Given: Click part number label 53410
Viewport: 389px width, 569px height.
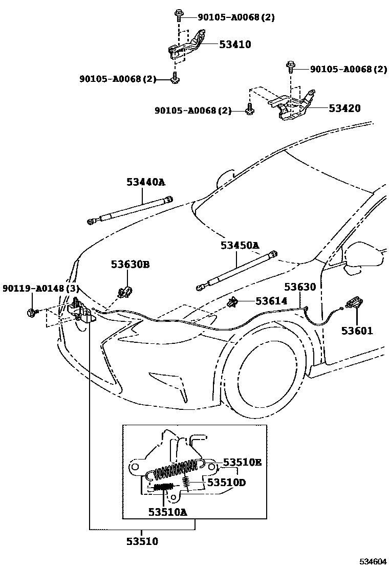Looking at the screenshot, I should coord(235,45).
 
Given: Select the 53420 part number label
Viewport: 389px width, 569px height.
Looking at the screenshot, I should coord(344,108).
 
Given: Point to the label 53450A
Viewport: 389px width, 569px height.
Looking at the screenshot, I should coord(240,246).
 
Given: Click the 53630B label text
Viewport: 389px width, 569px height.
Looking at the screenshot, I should coord(131,265).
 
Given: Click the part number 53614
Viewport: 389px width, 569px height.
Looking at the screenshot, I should coord(271,301).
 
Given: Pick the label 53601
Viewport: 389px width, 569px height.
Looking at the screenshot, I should coord(357,331).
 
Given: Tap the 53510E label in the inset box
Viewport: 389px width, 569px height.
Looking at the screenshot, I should coord(242,463).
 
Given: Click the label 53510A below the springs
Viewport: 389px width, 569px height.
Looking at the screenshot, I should coord(168,511).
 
